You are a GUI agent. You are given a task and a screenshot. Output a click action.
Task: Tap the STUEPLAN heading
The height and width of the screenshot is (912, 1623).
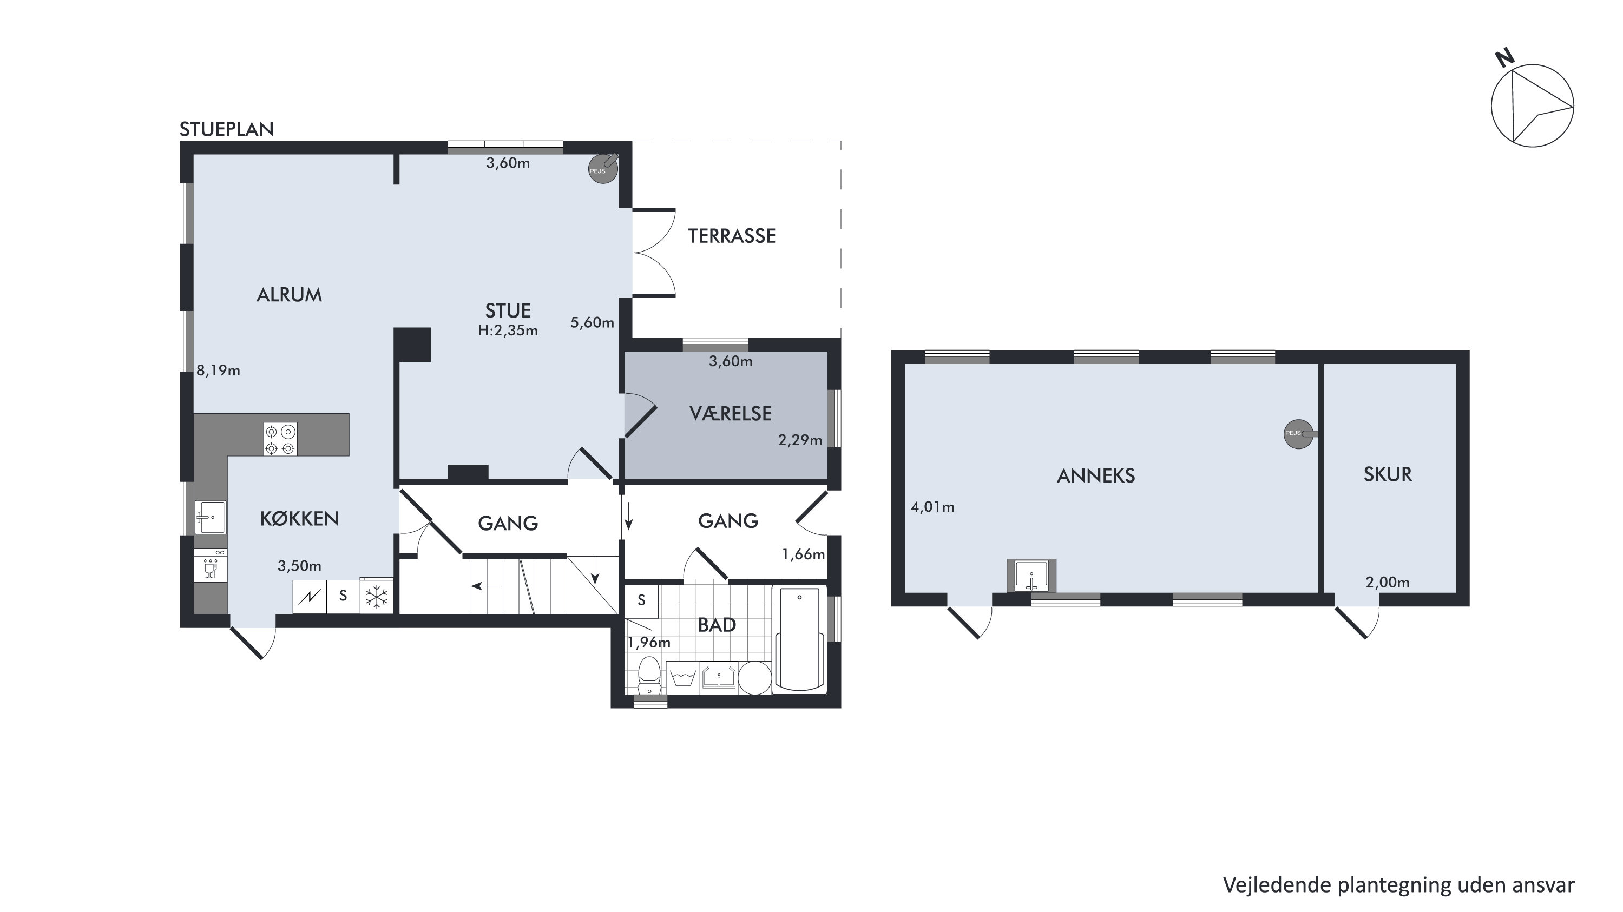click(x=227, y=129)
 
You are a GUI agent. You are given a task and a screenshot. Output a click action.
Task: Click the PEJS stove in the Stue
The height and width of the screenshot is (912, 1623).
click(x=603, y=168)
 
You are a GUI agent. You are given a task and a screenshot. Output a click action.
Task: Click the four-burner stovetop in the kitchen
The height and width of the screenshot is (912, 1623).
click(x=280, y=439)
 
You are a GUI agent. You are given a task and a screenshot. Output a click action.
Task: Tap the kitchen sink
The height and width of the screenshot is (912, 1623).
click(x=210, y=517)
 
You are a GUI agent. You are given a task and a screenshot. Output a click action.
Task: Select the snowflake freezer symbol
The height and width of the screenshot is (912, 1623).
click(x=377, y=597)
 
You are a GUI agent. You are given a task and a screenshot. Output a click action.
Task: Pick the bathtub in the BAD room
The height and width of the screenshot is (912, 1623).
click(x=799, y=639)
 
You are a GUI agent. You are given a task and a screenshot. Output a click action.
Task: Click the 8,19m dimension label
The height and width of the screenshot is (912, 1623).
click(x=218, y=371)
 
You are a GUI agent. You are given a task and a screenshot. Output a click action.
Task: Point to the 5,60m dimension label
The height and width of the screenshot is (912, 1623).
click(x=592, y=322)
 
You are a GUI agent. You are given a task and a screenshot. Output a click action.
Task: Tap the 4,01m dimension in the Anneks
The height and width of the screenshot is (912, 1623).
click(x=932, y=507)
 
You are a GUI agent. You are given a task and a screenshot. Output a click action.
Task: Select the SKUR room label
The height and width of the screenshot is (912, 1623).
click(x=1388, y=474)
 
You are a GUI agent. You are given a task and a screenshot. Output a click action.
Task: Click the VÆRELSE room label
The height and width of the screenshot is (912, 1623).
click(x=730, y=413)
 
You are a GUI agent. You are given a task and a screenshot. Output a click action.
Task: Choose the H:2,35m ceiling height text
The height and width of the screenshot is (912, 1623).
click(x=508, y=331)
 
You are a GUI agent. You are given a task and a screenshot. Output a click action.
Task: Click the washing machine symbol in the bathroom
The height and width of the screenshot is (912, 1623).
click(x=683, y=678)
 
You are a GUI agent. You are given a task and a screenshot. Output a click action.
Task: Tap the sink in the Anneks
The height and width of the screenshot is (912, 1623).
click(x=1031, y=576)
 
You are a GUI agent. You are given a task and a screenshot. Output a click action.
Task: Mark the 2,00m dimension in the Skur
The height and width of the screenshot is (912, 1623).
click(x=1388, y=583)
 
